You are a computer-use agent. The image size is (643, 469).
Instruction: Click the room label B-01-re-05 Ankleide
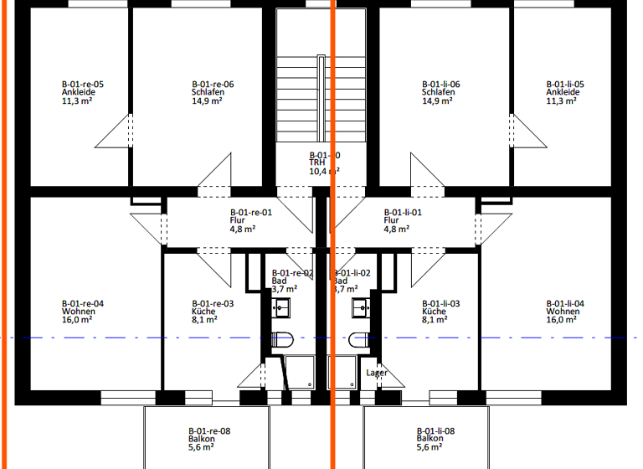click(x=82, y=92)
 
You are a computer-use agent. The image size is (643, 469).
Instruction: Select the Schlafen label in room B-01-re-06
click(x=207, y=92)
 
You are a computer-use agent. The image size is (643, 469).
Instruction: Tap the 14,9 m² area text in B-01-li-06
click(x=436, y=100)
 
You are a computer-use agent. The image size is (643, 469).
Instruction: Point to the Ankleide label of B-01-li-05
click(x=562, y=92)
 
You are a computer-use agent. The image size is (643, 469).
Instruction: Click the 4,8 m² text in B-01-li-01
click(x=396, y=229)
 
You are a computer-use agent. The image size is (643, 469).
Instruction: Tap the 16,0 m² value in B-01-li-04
click(x=562, y=319)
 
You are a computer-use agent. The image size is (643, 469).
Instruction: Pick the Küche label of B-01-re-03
click(x=203, y=312)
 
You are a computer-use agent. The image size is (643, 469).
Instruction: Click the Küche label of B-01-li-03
click(x=434, y=312)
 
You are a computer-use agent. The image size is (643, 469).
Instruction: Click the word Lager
click(x=377, y=373)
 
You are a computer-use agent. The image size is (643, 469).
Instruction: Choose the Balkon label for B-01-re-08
click(x=202, y=439)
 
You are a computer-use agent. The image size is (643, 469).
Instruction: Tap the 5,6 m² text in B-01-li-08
click(x=430, y=447)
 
